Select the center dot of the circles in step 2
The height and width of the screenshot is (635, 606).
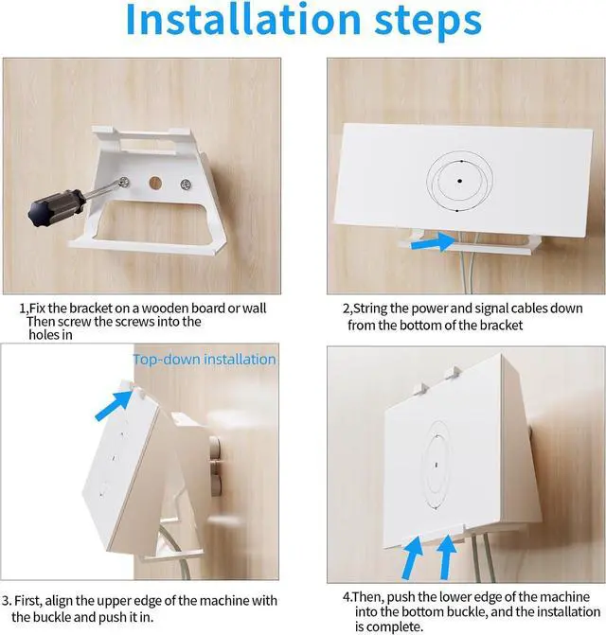click(460, 180)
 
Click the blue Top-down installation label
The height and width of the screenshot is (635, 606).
click(205, 360)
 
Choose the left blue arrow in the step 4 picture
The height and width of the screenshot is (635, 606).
click(411, 559)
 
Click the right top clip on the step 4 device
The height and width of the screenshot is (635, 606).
click(453, 377)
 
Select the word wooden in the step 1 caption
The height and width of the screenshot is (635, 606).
click(186, 309)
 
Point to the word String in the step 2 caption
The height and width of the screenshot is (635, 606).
click(375, 309)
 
